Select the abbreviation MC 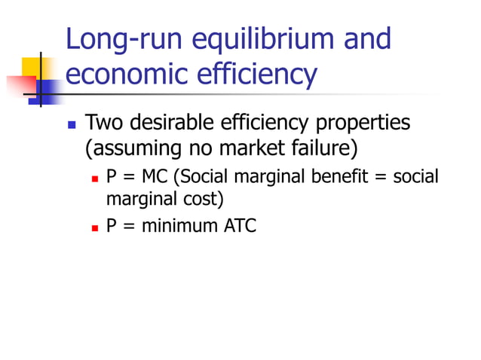(x=156, y=177)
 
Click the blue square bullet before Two (x=72, y=123)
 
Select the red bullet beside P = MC (x=95, y=178)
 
